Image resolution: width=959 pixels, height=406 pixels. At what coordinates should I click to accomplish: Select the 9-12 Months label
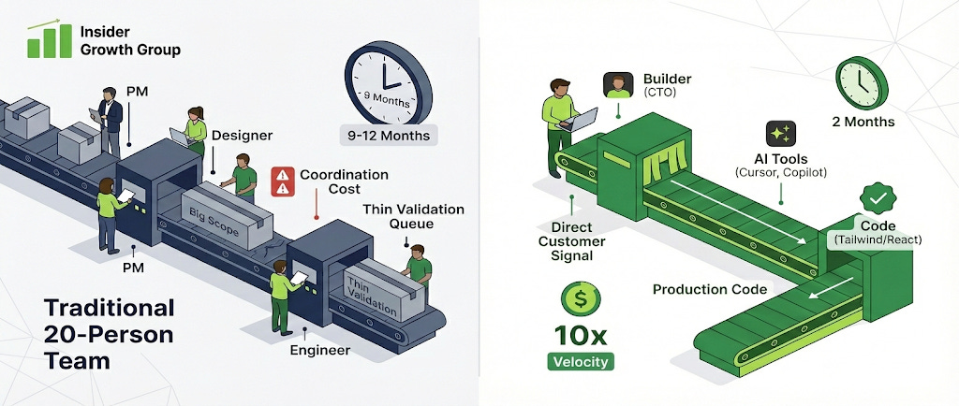click(389, 136)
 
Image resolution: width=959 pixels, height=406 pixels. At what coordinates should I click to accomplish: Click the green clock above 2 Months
click(863, 81)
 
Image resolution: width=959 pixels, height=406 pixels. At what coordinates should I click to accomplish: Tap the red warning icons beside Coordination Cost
click(281, 181)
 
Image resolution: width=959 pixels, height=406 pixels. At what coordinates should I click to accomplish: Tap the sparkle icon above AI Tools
click(780, 134)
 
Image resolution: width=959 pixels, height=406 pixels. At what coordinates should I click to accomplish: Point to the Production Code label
click(702, 289)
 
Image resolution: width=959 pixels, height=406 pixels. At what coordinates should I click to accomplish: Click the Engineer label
click(319, 350)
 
